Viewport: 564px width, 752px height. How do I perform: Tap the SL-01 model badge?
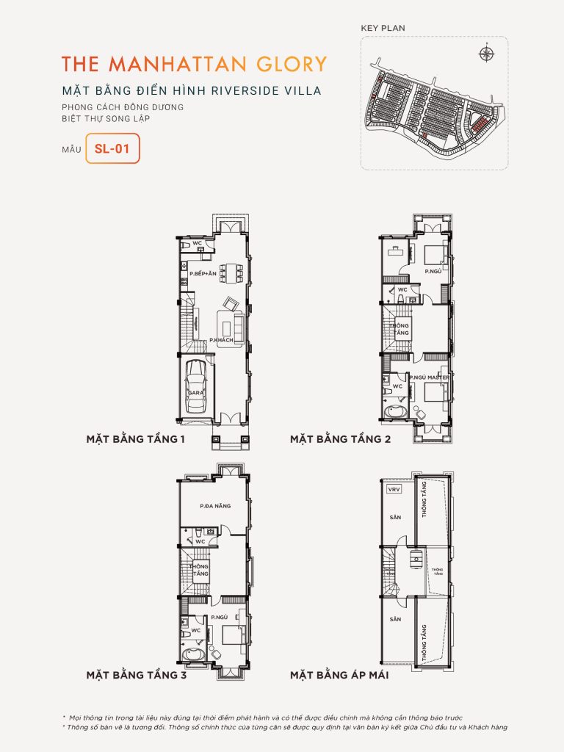pyautogui.click(x=112, y=148)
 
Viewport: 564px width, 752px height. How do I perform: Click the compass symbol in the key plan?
pyautogui.click(x=485, y=52)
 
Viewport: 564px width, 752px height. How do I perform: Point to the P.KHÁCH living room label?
pyautogui.click(x=221, y=340)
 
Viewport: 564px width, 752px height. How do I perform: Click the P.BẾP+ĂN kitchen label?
pyautogui.click(x=202, y=273)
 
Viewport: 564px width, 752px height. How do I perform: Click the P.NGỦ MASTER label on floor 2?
pyautogui.click(x=429, y=377)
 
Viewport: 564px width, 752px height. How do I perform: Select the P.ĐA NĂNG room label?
pyautogui.click(x=211, y=506)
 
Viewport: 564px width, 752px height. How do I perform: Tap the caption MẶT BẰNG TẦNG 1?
pyautogui.click(x=135, y=440)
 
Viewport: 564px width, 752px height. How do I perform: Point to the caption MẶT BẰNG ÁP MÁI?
pyautogui.click(x=339, y=674)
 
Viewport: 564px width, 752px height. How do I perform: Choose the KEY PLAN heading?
pyautogui.click(x=383, y=28)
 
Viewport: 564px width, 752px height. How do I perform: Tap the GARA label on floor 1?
pyautogui.click(x=195, y=393)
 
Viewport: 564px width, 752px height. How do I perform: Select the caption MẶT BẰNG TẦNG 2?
pyautogui.click(x=340, y=440)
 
